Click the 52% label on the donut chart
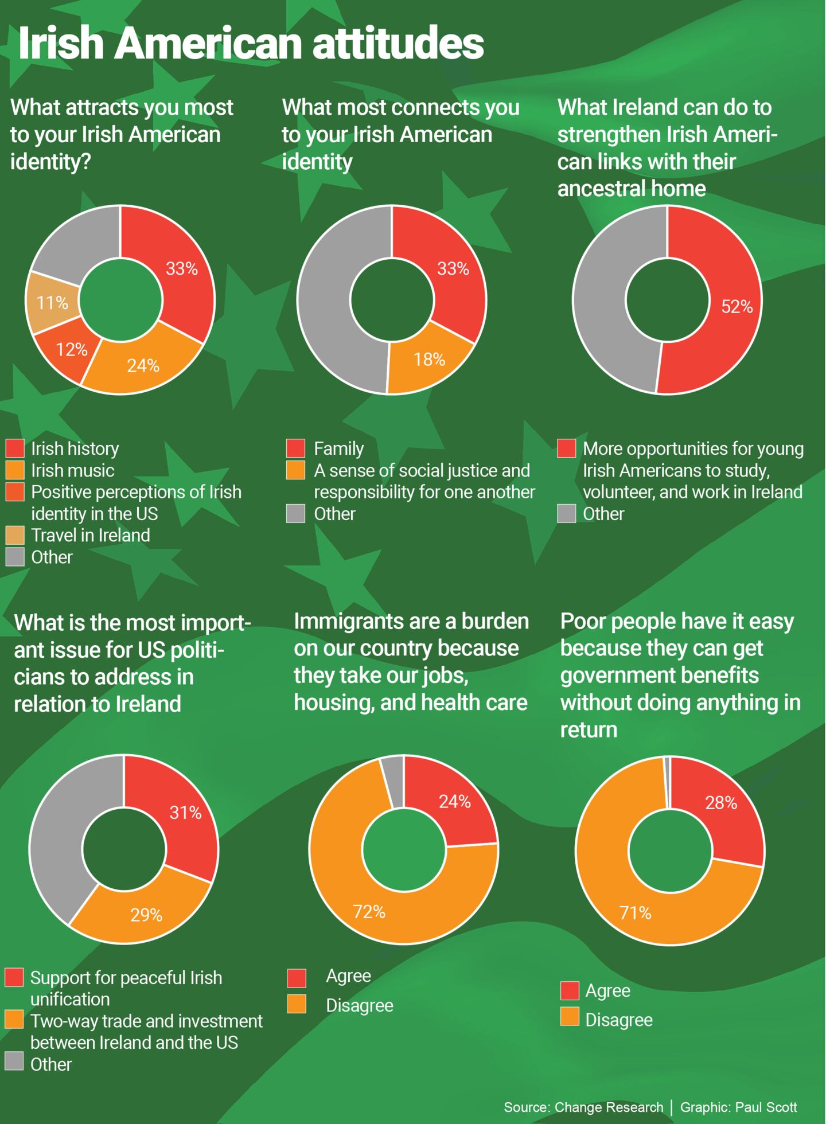tap(737, 307)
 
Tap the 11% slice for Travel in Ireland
tap(52, 303)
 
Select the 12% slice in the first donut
tap(71, 349)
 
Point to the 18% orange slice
tap(429, 360)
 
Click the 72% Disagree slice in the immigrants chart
tap(369, 911)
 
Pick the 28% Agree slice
tap(721, 802)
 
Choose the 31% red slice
tap(185, 812)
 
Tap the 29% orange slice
tap(146, 915)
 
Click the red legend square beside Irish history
tap(15, 448)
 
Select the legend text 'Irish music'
tap(72, 470)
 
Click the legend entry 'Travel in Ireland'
tap(90, 535)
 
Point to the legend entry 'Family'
tap(338, 448)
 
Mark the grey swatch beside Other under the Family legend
tap(295, 514)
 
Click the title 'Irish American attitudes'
tap(251, 44)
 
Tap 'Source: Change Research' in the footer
tap(583, 1107)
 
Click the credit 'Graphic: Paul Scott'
tap(738, 1107)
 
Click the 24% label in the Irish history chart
tap(143, 365)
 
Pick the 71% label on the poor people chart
tap(635, 912)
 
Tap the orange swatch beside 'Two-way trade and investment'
tap(14, 1019)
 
